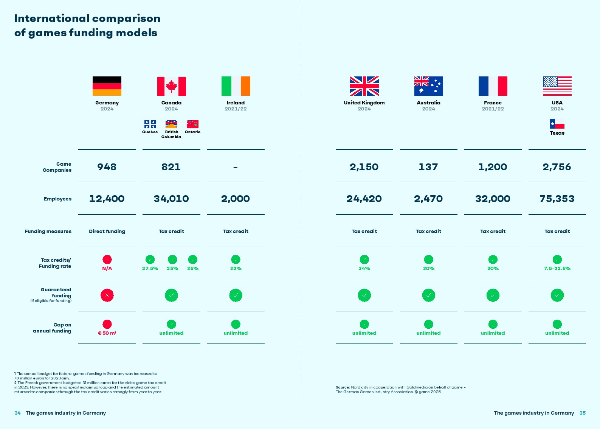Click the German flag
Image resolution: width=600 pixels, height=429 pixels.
tap(107, 86)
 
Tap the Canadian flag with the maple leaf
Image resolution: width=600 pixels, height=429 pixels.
tap(171, 86)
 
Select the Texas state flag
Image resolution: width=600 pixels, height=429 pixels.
tap(557, 124)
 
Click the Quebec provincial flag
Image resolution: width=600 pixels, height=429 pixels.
tap(150, 124)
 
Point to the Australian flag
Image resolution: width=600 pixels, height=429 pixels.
tap(428, 86)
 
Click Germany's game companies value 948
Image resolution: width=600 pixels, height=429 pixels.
tap(107, 167)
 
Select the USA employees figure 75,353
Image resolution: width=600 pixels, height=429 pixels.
tap(557, 199)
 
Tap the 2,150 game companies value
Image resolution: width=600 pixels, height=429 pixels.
tap(364, 167)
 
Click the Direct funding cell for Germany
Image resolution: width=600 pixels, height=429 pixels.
tap(107, 231)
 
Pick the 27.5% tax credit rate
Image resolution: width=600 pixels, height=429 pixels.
tap(150, 268)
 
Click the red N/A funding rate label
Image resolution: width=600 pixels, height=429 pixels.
tap(107, 268)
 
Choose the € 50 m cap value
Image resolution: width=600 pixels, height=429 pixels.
tap(107, 333)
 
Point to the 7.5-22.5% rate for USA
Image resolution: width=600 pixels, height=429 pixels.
tap(557, 268)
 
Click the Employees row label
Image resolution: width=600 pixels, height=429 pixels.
tap(57, 199)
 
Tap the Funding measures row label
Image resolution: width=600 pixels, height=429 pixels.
tap(48, 231)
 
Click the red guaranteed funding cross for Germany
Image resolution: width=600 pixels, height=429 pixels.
tap(107, 295)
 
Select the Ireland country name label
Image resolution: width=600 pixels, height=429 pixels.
tap(236, 103)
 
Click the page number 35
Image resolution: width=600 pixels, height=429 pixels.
tap(582, 413)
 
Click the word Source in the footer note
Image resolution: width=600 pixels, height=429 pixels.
tap(343, 387)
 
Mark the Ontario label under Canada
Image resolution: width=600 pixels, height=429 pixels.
tap(192, 132)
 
